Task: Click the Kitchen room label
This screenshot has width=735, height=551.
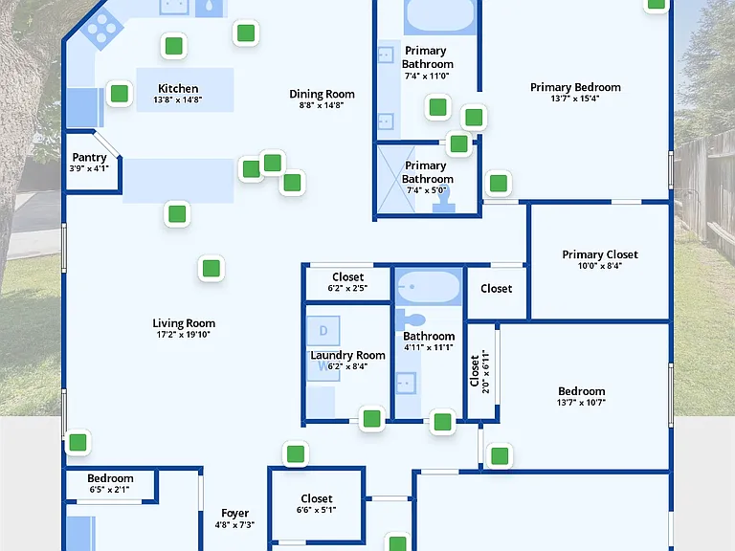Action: coord(178,89)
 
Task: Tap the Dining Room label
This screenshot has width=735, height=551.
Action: coord(322,94)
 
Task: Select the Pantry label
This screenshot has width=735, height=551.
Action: coord(90,158)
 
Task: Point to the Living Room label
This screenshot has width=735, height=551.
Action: coord(184,323)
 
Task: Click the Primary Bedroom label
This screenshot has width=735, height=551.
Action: coord(575,87)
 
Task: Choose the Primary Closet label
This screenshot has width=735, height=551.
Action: coord(600,254)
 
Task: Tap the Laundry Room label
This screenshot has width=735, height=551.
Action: coord(347,355)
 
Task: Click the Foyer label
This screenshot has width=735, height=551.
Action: coord(234,514)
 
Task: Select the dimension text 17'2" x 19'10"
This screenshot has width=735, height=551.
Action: coord(184,335)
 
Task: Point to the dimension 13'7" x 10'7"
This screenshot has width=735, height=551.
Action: coord(581,403)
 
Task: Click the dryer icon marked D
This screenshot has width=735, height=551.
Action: coord(323,331)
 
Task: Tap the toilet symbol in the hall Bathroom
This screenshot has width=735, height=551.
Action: coord(411,320)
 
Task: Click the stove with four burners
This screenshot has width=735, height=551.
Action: coord(101,28)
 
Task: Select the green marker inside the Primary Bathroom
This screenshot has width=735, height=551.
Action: coord(437,107)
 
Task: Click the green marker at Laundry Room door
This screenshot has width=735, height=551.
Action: coord(371,418)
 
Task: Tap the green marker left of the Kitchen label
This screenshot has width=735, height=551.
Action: coord(120,93)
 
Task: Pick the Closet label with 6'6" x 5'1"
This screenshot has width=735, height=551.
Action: coord(317,498)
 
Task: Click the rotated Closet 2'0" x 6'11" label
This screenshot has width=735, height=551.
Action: coord(479,371)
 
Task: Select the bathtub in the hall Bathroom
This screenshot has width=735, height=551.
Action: coord(428,287)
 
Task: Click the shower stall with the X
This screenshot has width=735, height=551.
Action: coord(396,179)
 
